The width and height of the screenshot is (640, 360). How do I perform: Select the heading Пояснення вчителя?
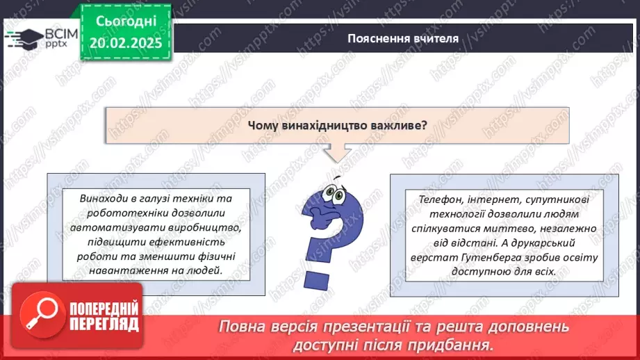[403, 38]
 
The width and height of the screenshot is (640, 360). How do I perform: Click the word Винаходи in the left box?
[104, 199]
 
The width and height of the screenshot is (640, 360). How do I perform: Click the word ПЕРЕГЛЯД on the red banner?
[104, 325]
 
